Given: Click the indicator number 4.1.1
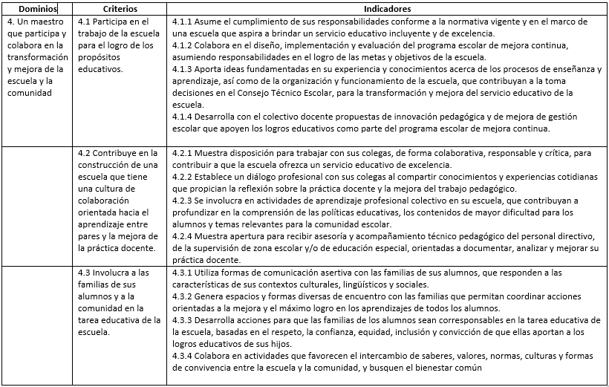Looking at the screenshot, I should click(x=180, y=22).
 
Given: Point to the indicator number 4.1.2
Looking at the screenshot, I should click(x=180, y=46).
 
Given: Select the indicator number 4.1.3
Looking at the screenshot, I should click(x=180, y=70).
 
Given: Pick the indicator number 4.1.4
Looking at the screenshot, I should click(x=180, y=117).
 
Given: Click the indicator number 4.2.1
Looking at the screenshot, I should click(x=180, y=153).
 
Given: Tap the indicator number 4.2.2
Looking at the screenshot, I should click(x=180, y=177).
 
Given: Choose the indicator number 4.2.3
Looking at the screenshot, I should click(x=180, y=201).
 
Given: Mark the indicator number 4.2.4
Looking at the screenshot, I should click(x=180, y=236).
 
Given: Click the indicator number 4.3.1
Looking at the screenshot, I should click(x=180, y=273).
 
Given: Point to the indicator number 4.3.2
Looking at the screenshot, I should click(x=180, y=296).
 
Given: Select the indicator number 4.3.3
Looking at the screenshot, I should click(x=180, y=320).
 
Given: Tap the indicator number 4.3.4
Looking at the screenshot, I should click(x=180, y=356).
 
